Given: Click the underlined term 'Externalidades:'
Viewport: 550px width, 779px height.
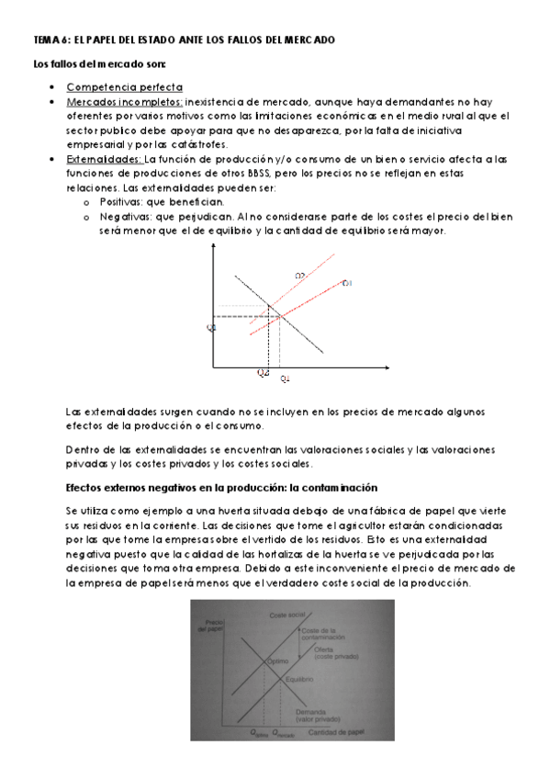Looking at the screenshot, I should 104,159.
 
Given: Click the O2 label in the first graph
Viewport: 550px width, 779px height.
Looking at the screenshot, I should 300,275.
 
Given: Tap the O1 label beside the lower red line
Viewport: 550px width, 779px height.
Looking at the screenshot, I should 347,283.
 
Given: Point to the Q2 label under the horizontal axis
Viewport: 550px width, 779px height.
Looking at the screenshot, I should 263,373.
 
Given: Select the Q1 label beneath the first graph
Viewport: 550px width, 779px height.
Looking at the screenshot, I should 285,378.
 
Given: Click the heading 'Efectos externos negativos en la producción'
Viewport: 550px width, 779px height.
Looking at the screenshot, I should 221,487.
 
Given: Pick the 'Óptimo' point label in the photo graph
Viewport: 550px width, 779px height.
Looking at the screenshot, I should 278,661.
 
